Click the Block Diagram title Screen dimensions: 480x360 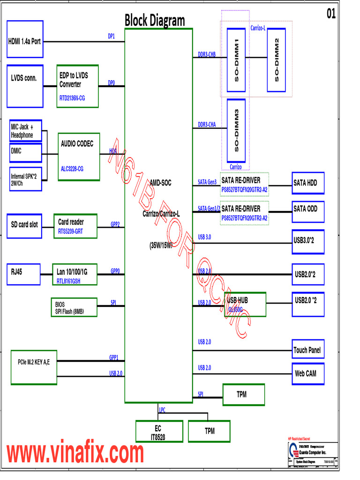[x=154, y=21]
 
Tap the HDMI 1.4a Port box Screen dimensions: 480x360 [x=25, y=41]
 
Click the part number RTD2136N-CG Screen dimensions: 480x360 [x=72, y=98]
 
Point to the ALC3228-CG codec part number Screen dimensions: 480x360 [x=72, y=168]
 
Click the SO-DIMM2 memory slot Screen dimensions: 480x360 [x=276, y=60]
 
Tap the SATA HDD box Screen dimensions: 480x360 [x=307, y=183]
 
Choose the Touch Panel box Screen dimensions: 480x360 [x=307, y=350]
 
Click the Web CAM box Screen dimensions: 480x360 [x=307, y=374]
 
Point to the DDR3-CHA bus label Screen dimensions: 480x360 [x=207, y=125]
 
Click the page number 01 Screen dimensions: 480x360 [x=331, y=15]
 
